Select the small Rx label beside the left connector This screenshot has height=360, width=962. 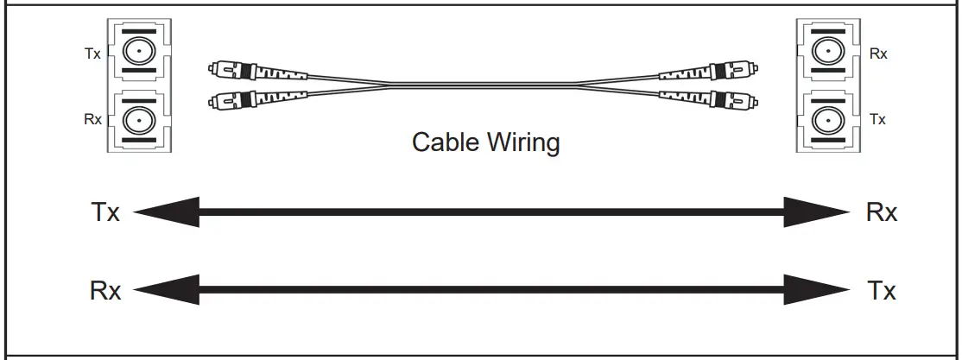(x=92, y=119)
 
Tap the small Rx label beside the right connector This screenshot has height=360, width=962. (x=878, y=54)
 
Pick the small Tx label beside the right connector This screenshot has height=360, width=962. (x=878, y=119)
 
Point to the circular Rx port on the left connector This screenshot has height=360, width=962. (x=136, y=117)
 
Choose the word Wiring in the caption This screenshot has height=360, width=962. (x=523, y=142)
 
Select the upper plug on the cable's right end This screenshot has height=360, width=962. (x=708, y=68)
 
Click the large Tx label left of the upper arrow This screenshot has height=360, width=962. (x=105, y=213)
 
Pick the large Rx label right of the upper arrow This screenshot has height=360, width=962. (x=882, y=213)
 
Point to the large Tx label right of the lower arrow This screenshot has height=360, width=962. (x=882, y=291)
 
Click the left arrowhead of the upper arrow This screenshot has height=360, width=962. (x=168, y=212)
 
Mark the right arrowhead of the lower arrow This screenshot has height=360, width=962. (x=816, y=289)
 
